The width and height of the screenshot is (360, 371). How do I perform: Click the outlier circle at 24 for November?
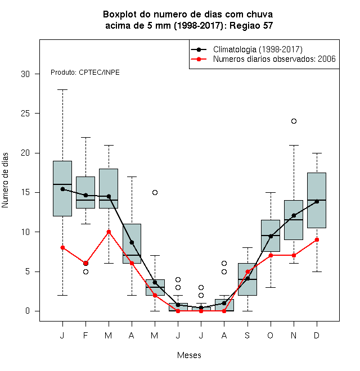pos(294,121)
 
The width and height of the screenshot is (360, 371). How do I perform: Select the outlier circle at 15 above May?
pos(155,192)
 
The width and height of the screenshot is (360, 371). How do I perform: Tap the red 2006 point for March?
pos(109,232)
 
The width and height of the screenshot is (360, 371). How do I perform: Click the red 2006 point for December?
pos(317,239)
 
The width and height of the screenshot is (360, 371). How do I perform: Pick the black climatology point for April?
pos(132,242)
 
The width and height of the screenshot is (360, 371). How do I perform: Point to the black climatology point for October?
pos(271,236)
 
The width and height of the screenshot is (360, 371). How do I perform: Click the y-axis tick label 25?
pos(25,114)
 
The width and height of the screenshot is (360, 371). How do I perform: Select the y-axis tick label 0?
pos(28,311)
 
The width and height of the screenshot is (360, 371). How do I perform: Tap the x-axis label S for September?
pos(247,335)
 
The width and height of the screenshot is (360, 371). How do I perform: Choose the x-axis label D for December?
pos(317,335)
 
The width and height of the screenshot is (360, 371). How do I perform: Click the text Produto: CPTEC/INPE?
pos(85,73)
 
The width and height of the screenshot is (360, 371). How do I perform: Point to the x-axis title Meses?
pos(189,355)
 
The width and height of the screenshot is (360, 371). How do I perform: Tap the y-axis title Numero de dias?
pos(5,180)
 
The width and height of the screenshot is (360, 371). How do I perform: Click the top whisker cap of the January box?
pos(62,90)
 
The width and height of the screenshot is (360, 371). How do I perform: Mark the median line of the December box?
pos(317,200)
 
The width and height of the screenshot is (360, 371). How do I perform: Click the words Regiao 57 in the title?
pos(251,25)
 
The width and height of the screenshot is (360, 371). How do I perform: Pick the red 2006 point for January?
pos(62,247)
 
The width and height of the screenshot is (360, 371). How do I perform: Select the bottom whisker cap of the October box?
pos(271,287)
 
